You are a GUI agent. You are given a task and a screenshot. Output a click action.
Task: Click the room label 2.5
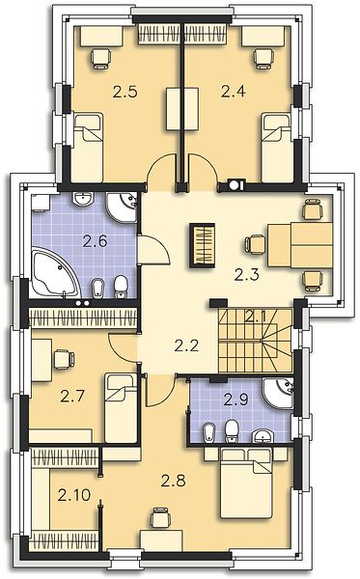coord(125,92)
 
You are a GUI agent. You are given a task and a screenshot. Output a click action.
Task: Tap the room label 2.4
coord(233,91)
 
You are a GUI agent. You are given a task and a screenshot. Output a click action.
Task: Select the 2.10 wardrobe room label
coord(74,495)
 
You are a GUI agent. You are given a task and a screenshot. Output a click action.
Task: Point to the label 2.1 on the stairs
coord(258,317)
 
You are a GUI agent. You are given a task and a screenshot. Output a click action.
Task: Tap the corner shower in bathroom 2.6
coord(121,207)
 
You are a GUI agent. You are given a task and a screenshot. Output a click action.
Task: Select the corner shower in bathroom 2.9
coord(280,392)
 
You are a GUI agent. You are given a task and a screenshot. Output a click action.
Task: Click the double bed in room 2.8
coord(246,483)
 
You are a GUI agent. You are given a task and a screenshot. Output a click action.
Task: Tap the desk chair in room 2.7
coord(64,359)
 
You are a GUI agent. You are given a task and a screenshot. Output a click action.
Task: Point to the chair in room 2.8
coord(161,517)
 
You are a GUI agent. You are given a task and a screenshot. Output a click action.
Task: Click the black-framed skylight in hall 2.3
coord(202,245)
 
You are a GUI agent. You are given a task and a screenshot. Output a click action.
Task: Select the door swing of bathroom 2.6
coord(153,250)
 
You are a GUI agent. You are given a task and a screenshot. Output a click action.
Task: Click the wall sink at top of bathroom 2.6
coord(83,199)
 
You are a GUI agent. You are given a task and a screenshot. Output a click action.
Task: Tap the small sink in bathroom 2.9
coord(263,436)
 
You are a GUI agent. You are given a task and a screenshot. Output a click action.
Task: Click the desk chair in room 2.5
coord(101,59)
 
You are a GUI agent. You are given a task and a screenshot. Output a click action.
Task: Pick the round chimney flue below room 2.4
coord(235,184)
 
